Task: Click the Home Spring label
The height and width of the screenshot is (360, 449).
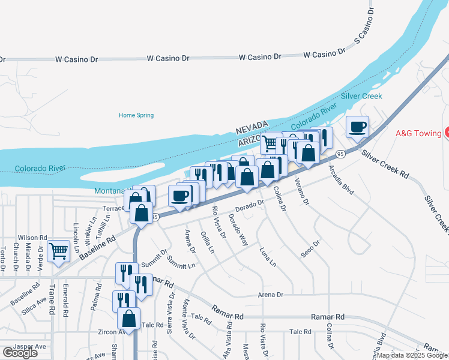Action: click(x=136, y=115)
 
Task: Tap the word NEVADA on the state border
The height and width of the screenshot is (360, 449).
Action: click(x=251, y=128)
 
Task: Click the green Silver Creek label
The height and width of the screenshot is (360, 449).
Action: click(x=361, y=96)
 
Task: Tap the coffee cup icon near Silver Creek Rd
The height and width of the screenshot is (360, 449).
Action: click(x=358, y=127)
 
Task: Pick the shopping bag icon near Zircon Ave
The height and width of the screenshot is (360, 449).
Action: click(x=128, y=318)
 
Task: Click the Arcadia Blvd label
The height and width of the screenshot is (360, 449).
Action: click(x=341, y=179)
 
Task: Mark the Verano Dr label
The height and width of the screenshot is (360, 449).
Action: click(x=302, y=196)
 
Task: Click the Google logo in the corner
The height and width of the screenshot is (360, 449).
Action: click(x=20, y=353)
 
